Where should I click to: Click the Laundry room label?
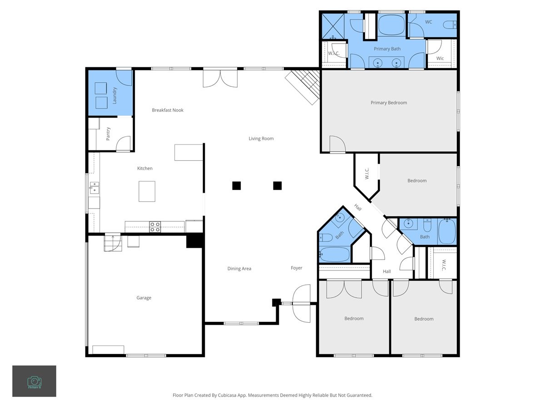click(x=114, y=95)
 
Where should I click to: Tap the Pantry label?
click(x=108, y=134)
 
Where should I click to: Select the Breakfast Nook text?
click(x=168, y=110)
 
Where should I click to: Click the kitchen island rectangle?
click(x=147, y=191)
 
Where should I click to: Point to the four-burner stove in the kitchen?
click(x=155, y=226)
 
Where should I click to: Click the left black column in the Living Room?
click(x=236, y=185)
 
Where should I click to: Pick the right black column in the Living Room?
click(x=277, y=185)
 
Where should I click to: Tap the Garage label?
click(x=144, y=298)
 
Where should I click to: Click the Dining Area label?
click(x=239, y=269)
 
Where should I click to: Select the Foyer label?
click(x=297, y=268)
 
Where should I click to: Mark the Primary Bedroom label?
click(x=389, y=103)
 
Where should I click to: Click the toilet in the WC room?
click(x=450, y=25)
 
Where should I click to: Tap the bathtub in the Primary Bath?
click(x=391, y=25)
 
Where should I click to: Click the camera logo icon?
click(x=34, y=381)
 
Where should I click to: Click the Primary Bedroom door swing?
click(x=337, y=145)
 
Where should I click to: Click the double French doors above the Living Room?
click(x=220, y=78)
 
